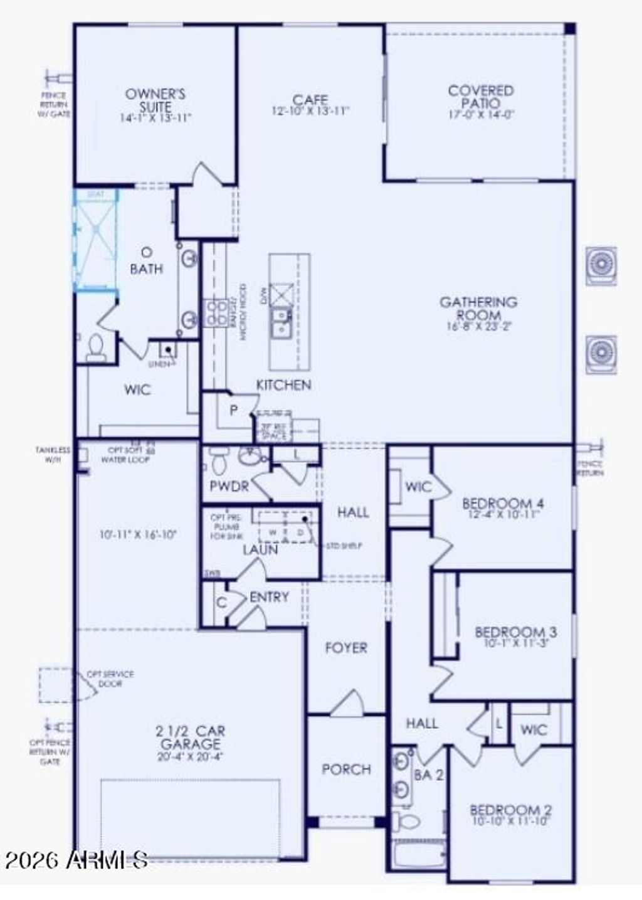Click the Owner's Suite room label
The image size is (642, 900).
[x=155, y=100]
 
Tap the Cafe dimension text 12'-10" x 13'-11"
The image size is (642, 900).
[x=310, y=112]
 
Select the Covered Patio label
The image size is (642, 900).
[x=481, y=97]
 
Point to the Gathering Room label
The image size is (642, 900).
[x=478, y=309]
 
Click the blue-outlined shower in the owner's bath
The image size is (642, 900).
[x=96, y=240]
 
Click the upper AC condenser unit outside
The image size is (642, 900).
[x=601, y=266]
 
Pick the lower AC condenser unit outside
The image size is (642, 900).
[x=601, y=354]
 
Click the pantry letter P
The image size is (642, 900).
[x=234, y=411]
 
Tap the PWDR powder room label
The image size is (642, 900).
[x=229, y=486]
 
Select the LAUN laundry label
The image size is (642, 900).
[x=260, y=550]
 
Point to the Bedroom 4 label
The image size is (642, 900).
[x=503, y=504]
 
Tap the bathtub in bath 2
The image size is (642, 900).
[x=418, y=854]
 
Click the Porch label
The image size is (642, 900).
[x=346, y=769]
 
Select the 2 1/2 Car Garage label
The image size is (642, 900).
[x=191, y=738]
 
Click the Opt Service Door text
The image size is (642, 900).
[x=110, y=679]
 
